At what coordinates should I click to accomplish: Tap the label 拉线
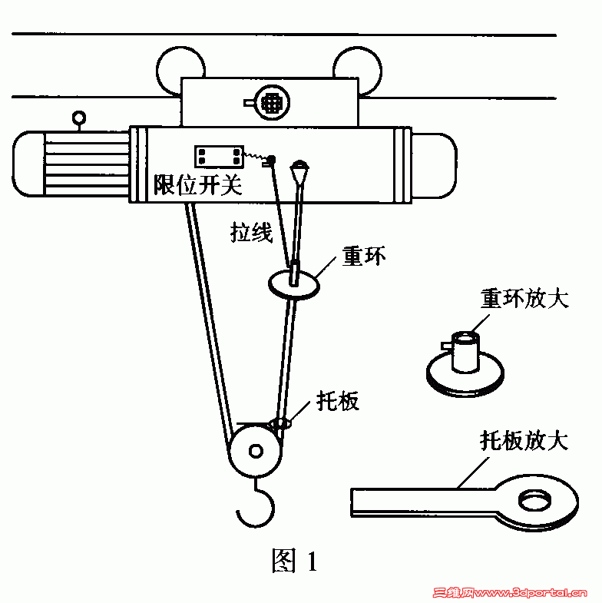[x=252, y=232]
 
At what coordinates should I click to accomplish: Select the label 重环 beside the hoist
[x=363, y=256]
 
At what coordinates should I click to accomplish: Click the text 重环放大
[x=524, y=298]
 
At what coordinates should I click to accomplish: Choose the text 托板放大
[x=524, y=440]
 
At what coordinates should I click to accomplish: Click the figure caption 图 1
[x=294, y=562]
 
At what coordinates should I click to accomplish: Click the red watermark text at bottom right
[x=511, y=593]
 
